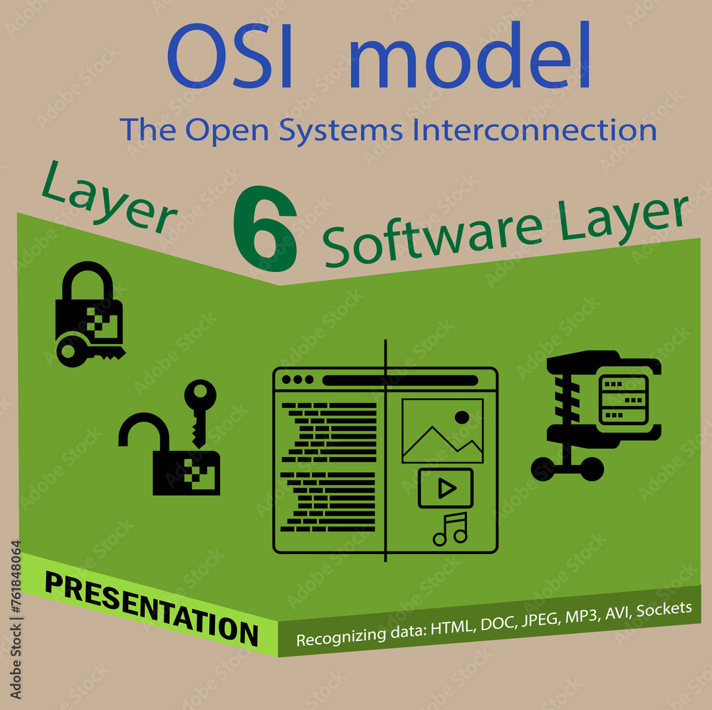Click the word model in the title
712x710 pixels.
[x=470, y=57]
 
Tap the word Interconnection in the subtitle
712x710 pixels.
[x=534, y=130]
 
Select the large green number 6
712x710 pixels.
[x=265, y=230]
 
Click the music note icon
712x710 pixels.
[x=450, y=529]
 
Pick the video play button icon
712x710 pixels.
[x=446, y=488]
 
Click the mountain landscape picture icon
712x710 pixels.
[x=442, y=431]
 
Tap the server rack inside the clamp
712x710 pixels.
[x=624, y=399]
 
